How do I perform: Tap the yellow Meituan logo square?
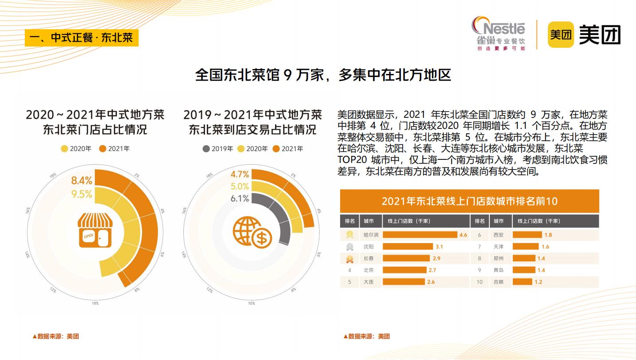click(x=561, y=35)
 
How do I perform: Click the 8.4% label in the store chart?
click(x=81, y=180)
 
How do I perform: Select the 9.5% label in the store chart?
click(x=81, y=194)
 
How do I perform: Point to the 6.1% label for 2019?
click(x=240, y=198)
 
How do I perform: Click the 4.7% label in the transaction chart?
click(x=240, y=174)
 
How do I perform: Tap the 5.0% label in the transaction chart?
click(x=240, y=186)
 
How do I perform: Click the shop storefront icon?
click(x=94, y=229)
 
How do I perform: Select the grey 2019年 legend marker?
click(x=206, y=149)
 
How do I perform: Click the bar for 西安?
click(x=527, y=235)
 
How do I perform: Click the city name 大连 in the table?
click(x=368, y=282)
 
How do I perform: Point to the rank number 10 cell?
click(x=480, y=282)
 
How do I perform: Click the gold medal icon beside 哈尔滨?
click(x=349, y=235)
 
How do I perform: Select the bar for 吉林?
click(x=522, y=282)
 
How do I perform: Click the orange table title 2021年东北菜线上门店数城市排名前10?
click(x=469, y=201)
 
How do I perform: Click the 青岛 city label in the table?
click(x=498, y=270)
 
